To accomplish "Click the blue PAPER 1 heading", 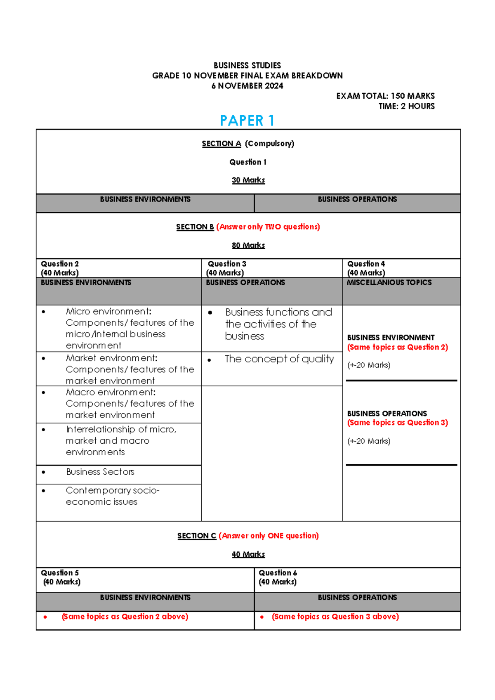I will click(247, 121).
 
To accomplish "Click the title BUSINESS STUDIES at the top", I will click(247, 65).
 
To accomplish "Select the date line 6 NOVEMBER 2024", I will click(247, 86).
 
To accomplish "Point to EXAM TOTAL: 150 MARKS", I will click(385, 96).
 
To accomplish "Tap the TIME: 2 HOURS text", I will click(406, 106).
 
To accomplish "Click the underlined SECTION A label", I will click(222, 144).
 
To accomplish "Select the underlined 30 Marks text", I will click(248, 180).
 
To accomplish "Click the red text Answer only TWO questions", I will click(268, 227).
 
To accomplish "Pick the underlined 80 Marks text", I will click(248, 245).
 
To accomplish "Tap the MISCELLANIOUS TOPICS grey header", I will click(389, 283).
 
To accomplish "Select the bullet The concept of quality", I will click(279, 359).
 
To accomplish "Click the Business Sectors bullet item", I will click(100, 472).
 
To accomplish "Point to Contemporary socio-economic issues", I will click(112, 496).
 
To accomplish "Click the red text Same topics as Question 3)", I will click(397, 423).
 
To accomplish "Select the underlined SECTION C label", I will click(197, 536).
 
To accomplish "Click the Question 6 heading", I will click(278, 573).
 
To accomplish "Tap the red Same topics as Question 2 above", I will click(125, 617).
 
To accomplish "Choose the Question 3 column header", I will click(227, 264).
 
